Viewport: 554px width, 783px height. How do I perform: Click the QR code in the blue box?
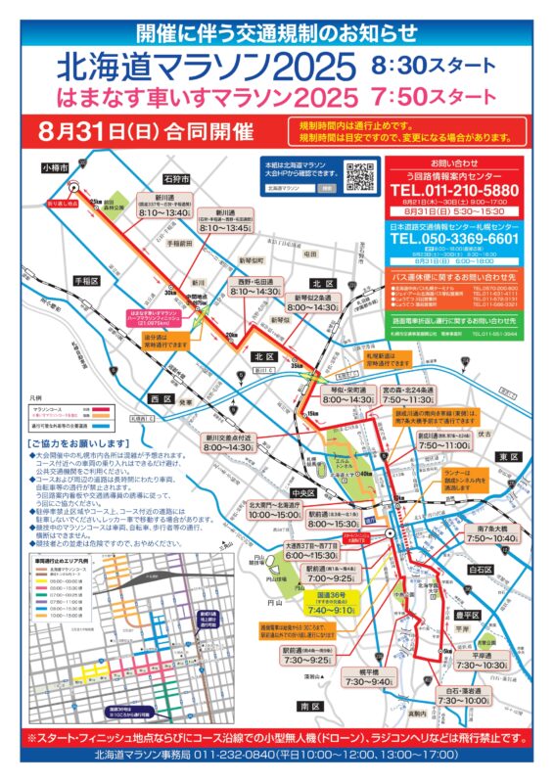pyautogui.click(x=361, y=177)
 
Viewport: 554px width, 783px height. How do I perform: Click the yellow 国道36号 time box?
pyautogui.click(x=330, y=606)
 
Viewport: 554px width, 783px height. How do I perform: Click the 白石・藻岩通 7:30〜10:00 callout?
pyautogui.click(x=464, y=696)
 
